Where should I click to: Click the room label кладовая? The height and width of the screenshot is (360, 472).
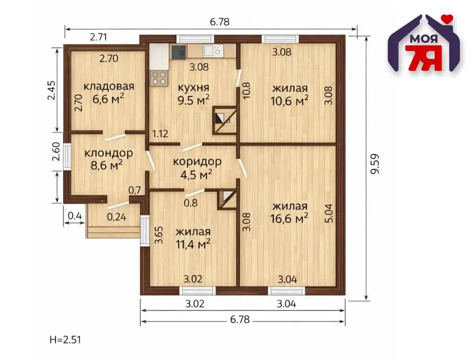coord(109,86)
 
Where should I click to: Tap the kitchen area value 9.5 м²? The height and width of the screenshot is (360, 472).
coord(193,99)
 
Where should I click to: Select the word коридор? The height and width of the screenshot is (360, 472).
coord(197,162)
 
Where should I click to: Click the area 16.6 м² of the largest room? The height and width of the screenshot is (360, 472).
coord(289,218)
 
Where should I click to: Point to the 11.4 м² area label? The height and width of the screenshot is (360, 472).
coord(193,244)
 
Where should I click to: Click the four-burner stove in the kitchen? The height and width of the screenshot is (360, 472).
coord(159,78)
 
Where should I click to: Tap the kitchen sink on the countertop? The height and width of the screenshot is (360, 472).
coord(213,50)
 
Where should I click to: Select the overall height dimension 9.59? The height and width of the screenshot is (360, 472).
coord(375,164)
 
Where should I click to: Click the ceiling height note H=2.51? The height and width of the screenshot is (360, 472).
coord(65,340)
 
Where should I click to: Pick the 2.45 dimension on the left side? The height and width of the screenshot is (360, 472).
coord(52,90)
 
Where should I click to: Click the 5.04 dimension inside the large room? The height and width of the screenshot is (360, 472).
coord(329,213)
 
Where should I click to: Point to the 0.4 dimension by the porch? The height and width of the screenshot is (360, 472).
coord(75,216)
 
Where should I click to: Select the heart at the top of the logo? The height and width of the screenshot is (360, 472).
coord(449,19)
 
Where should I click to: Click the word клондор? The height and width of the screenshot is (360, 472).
coord(109,153)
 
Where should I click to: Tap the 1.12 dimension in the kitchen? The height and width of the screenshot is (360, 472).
coord(160,133)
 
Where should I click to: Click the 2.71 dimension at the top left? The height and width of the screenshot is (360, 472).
coord(98,37)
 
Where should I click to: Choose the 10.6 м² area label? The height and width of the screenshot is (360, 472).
coord(289,101)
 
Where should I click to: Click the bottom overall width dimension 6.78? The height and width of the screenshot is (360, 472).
coord(240,319)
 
